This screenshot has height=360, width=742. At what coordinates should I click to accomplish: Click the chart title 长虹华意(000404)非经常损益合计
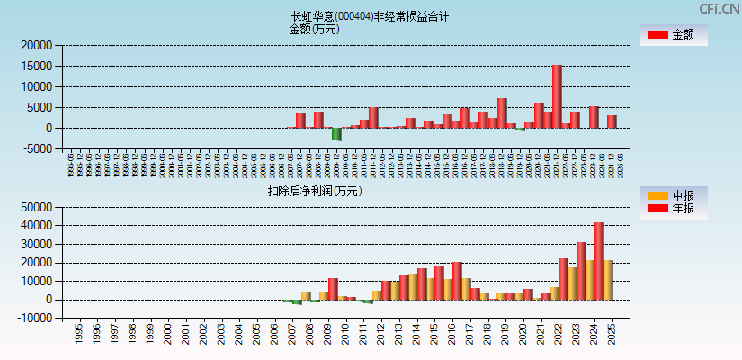pyautogui.click(x=370, y=16)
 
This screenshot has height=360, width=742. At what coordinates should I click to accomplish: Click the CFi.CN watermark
pyautogui.click(x=720, y=8)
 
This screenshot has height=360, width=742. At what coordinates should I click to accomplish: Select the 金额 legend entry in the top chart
pyautogui.click(x=673, y=35)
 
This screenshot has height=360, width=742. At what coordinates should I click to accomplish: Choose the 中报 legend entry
pyautogui.click(x=673, y=195)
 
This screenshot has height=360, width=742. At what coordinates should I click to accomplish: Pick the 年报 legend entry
pyautogui.click(x=673, y=209)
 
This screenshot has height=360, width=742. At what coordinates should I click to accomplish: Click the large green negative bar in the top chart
pyautogui.click(x=336, y=134)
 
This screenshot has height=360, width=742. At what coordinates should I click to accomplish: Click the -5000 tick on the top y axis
pyautogui.click(x=36, y=148)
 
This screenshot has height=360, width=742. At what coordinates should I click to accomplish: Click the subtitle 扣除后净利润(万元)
pyautogui.click(x=315, y=191)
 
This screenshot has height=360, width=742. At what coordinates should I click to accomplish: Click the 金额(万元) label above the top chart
pyautogui.click(x=314, y=29)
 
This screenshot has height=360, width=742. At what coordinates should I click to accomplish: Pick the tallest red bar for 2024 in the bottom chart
pyautogui.click(x=599, y=261)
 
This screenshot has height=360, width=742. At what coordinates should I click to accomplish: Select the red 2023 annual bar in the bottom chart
pyautogui.click(x=581, y=271)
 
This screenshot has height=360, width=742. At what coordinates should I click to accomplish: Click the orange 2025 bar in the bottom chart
pyautogui.click(x=608, y=280)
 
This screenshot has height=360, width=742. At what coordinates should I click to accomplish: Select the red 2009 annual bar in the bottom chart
pyautogui.click(x=333, y=289)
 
